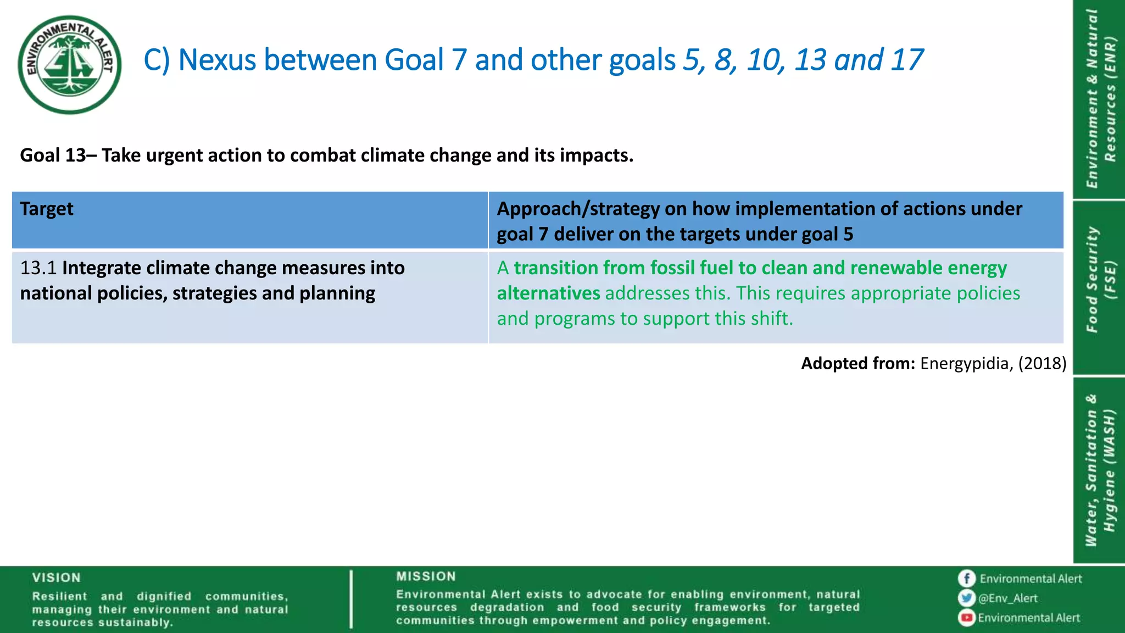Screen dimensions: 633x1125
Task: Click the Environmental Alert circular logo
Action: pos(70,64)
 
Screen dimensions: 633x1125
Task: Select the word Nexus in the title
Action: pos(217,60)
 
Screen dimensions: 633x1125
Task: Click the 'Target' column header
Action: pos(47,209)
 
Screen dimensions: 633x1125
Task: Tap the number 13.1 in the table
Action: pos(38,268)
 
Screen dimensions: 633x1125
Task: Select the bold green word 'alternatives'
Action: pos(548,293)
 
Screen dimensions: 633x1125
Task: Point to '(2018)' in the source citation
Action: pos(1042,363)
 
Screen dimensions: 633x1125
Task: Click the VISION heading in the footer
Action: pos(56,578)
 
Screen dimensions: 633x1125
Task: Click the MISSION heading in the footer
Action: pos(426,576)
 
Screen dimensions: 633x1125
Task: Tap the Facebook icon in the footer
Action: pos(966,579)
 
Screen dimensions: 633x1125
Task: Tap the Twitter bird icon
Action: pos(966,598)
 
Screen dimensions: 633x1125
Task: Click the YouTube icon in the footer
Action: pos(966,618)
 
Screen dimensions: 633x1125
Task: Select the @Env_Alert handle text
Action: pos(1008,598)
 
